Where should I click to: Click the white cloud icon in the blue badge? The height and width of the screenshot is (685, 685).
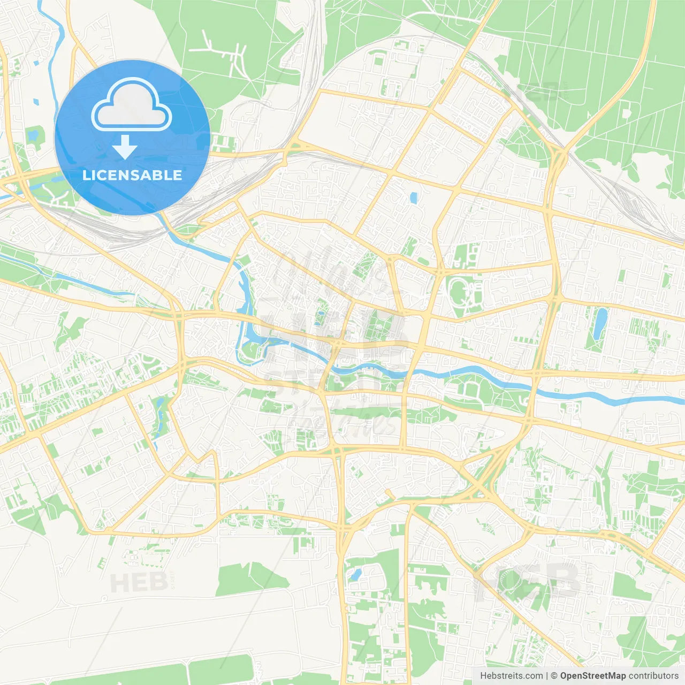132,104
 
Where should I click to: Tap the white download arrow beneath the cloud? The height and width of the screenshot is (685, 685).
125,147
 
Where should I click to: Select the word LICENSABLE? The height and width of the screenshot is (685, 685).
132,175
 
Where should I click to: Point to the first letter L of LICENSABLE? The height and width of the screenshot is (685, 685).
86,175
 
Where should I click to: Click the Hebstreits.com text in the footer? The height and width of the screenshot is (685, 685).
512,676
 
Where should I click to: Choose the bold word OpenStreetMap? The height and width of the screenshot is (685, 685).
592,676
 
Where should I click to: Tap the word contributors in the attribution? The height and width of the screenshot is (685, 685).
653,676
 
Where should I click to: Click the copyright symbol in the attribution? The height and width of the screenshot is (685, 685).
554,676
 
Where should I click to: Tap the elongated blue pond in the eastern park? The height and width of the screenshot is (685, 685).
600,323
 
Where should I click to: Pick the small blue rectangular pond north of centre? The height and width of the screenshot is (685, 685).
413,198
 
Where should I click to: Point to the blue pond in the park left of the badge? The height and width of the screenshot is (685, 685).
35,134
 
